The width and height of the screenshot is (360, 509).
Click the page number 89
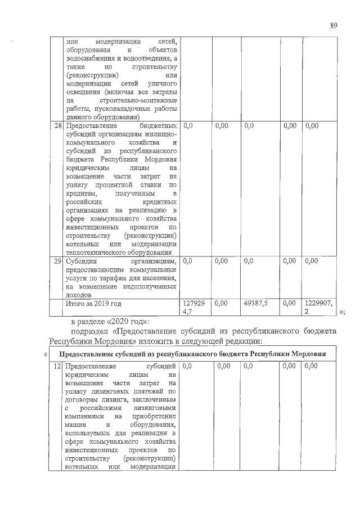tap(334, 25)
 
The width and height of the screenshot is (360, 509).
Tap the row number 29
tap(57, 262)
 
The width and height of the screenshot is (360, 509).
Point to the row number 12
tap(57, 366)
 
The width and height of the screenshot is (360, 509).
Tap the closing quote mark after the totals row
tap(341, 312)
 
